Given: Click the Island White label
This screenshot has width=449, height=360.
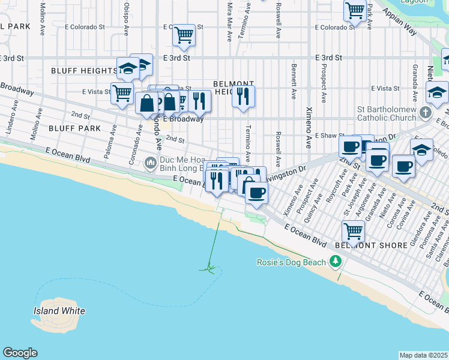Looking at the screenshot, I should [x=59, y=311].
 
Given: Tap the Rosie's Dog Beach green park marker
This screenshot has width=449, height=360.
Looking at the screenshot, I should [x=335, y=262].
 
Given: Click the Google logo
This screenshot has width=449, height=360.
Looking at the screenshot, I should [x=20, y=353].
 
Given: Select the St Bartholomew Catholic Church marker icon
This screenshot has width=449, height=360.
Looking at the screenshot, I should [x=425, y=113].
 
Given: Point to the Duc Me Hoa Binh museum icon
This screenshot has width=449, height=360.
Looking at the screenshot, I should [x=151, y=162].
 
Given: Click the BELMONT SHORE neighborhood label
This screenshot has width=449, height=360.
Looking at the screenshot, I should [x=364, y=245].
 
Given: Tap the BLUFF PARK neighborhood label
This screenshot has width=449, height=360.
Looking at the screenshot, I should [x=74, y=128].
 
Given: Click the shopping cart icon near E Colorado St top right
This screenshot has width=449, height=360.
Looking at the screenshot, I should [x=355, y=10].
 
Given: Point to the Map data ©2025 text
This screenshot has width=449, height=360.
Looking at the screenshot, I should [x=423, y=355].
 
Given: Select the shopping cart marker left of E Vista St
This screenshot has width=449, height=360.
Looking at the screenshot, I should [x=122, y=94].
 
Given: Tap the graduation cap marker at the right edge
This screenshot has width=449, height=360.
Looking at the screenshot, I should [x=437, y=92].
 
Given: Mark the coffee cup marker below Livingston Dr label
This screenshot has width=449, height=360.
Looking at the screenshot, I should [x=256, y=193].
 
